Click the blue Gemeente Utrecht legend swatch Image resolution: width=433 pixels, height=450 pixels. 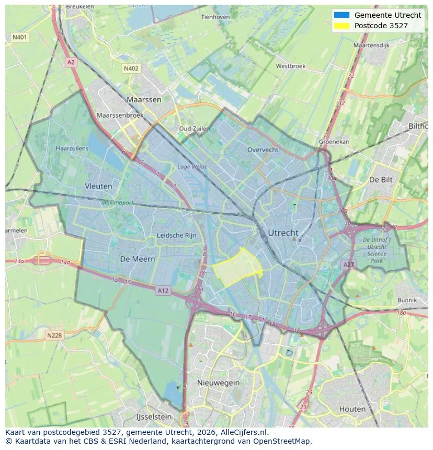pos(341,15)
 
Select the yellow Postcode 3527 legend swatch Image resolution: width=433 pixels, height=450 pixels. pos(341,25)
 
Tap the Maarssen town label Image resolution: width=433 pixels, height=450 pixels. pos(144,99)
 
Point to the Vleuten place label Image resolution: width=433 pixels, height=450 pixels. pos(98,186)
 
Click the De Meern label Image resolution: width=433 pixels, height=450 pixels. pos(138,259)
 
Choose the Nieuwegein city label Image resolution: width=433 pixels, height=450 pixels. pos(218,383)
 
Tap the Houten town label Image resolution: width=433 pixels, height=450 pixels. pos(352,409)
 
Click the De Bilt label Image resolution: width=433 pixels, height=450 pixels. pos(381,179)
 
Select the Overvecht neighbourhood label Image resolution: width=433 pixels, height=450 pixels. pos(263,149)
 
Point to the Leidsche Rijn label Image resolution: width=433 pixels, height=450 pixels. pos(177,236)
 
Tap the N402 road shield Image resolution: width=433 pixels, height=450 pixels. pos(131,68)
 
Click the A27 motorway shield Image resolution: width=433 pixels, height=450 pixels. pos(349,265)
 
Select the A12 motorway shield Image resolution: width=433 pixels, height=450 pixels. pos(163,290)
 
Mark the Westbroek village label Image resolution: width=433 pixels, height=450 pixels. pos(290,66)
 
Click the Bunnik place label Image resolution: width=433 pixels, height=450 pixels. pos(407,300)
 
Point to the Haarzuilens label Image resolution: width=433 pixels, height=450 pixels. pos(72,148)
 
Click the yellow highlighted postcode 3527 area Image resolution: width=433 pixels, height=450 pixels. pos(238,268)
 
